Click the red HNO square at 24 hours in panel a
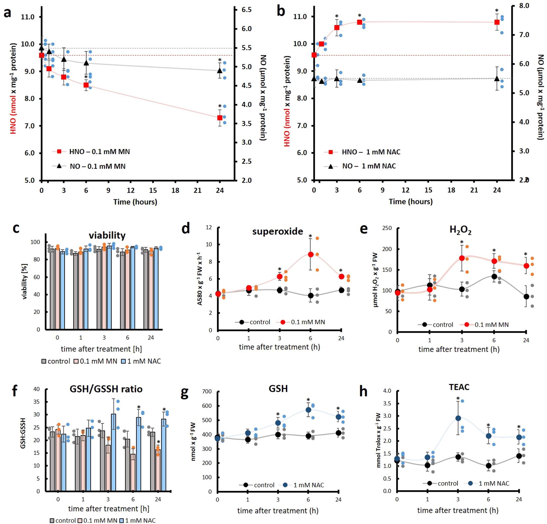[220, 118]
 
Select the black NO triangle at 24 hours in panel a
[220, 70]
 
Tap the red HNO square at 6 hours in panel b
[360, 22]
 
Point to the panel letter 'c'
[16, 228]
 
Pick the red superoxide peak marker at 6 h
[310, 254]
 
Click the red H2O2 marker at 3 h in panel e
[462, 258]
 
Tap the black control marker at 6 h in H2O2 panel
[494, 276]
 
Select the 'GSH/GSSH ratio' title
[106, 389]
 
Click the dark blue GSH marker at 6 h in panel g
[308, 410]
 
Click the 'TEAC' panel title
[459, 387]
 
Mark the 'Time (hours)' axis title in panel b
[411, 202]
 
